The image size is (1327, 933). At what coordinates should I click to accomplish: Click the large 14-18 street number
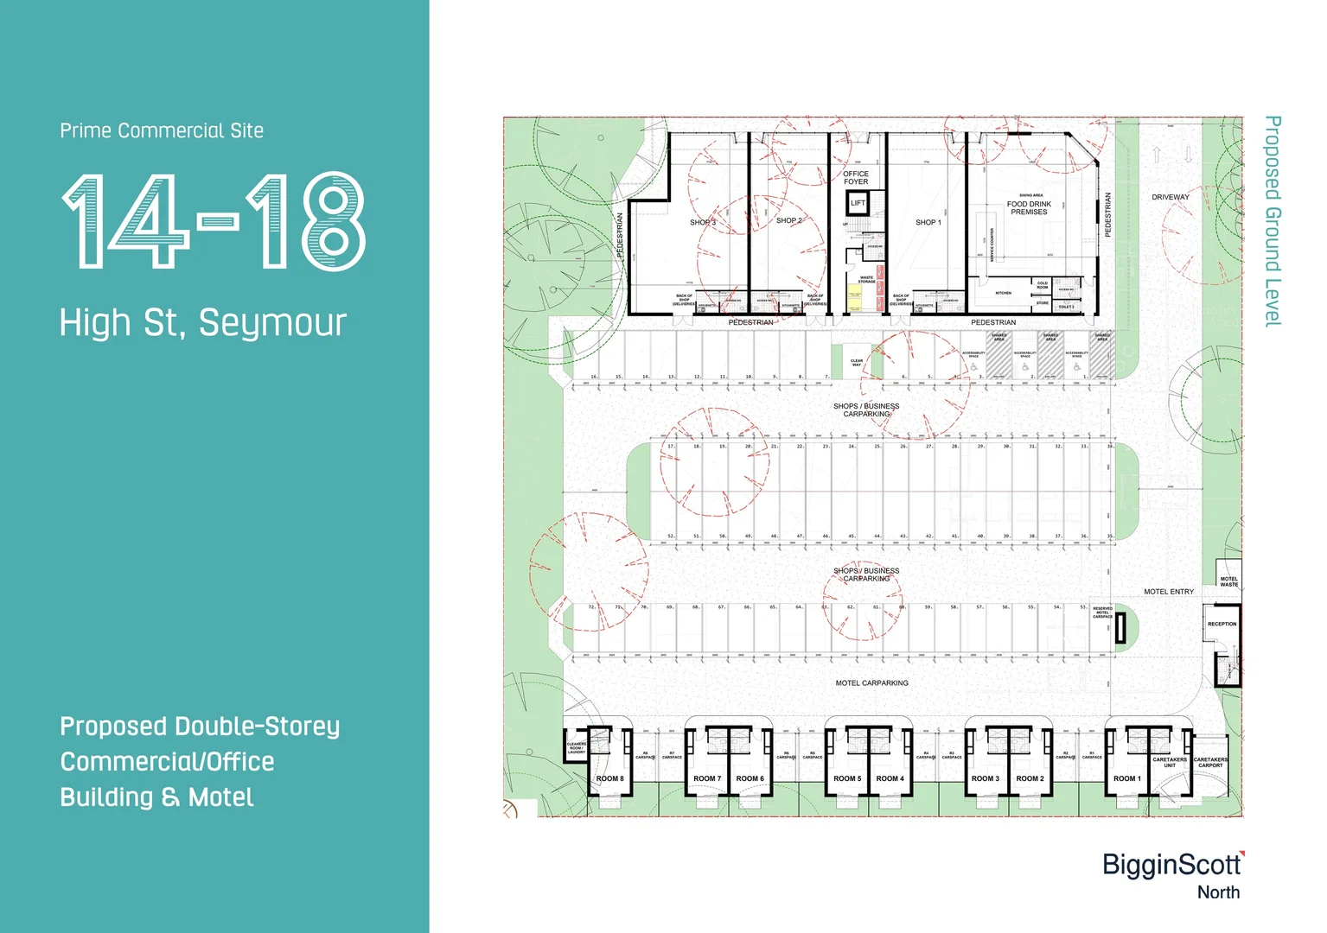[214, 221]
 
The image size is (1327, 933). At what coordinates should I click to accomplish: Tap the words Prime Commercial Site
[162, 130]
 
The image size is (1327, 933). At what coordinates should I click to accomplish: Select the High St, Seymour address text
[202, 322]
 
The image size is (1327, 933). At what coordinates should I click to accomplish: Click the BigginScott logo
[1171, 866]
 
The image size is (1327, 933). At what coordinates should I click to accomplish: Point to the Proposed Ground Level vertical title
[1273, 221]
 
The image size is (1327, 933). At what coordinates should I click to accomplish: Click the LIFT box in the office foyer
[858, 203]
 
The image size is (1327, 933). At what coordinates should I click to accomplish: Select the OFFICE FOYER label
[856, 178]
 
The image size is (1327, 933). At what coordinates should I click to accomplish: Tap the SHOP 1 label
[928, 222]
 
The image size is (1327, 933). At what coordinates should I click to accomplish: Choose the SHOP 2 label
[788, 220]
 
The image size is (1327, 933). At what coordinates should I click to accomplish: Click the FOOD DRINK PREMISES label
[1029, 208]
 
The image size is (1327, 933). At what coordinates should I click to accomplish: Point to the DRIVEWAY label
[1171, 197]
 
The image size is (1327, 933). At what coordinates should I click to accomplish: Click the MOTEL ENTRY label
[1169, 592]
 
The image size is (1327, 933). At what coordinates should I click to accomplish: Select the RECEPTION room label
[1222, 624]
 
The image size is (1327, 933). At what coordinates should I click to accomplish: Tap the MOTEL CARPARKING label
[871, 683]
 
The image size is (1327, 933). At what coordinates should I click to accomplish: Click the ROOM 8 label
[609, 778]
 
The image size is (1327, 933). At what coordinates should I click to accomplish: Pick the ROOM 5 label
[847, 778]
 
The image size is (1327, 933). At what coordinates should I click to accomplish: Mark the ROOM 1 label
[1127, 778]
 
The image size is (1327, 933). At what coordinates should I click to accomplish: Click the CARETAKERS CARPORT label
[1210, 762]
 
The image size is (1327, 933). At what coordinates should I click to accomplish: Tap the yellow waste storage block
[854, 298]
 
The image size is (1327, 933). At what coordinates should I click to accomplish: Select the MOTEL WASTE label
[1228, 581]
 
